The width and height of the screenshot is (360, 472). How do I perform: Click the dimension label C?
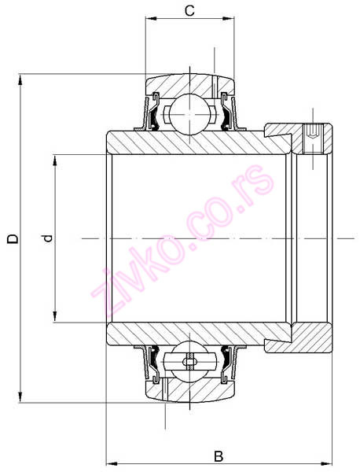tap(189, 10)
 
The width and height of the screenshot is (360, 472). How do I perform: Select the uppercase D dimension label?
tap(11, 238)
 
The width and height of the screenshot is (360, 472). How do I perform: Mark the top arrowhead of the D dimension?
tap(23, 79)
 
